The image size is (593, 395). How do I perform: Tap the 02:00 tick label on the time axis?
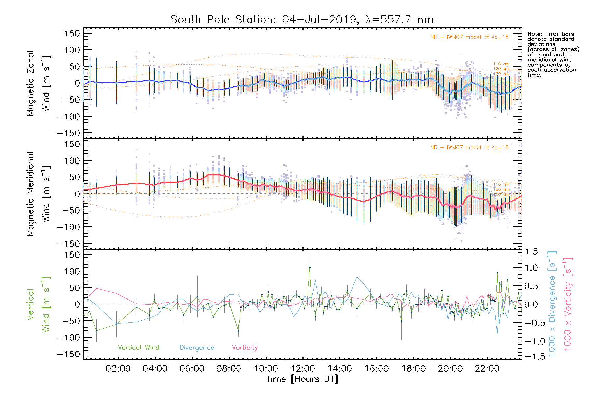pos(118,369)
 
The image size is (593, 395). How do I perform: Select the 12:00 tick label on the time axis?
pos(303,369)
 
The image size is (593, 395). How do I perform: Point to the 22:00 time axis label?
pos(487,369)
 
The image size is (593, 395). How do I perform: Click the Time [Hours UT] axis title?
pos(302,379)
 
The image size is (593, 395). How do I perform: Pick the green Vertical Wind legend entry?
pos(138,348)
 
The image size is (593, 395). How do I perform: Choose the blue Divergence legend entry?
pos(197,348)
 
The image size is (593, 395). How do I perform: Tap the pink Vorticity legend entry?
pos(244,348)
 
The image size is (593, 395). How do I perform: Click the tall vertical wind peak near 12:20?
pos(310,267)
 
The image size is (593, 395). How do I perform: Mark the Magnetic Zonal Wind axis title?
pos(38,83)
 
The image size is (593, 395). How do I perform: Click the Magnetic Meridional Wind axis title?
pos(38,194)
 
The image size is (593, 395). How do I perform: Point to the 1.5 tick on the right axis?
pos(531,252)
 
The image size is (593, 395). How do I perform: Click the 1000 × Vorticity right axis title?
pos(568,304)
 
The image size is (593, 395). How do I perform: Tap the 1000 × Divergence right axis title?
pos(552,304)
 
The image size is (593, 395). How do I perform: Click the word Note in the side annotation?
pos(534,34)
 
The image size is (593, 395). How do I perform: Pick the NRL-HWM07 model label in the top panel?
pos(469,37)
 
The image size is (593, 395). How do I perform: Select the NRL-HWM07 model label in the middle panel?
pos(469,148)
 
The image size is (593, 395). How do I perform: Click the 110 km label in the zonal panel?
pos(501,64)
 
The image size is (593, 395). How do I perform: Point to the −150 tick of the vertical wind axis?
pos(69,354)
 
